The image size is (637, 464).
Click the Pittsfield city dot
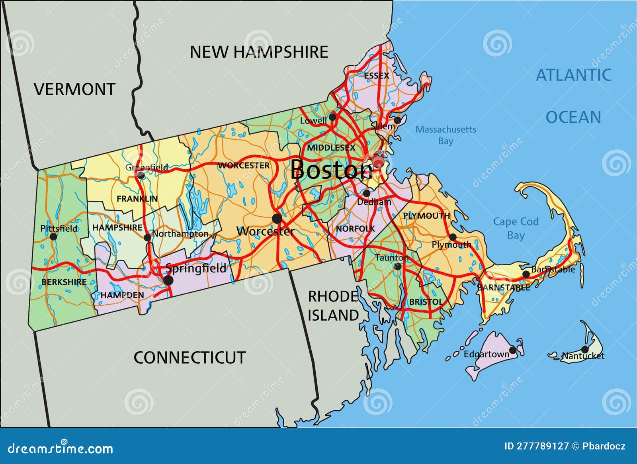53,237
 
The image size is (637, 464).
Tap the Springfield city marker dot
168,280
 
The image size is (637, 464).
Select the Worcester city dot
277,218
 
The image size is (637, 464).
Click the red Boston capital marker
378,161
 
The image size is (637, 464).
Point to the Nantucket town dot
584,349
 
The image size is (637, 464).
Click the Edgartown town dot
513,350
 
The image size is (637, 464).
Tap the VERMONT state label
74,89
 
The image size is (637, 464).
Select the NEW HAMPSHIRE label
259,52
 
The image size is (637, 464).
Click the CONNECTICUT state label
190,358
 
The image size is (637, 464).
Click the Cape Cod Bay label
516,228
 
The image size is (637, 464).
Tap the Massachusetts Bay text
446,135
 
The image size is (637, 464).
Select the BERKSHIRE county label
64,282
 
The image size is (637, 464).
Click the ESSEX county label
376,75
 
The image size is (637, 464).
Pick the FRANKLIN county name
137,198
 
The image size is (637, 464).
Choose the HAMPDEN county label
122,295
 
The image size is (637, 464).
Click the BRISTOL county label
426,302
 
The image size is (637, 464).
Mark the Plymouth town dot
453,237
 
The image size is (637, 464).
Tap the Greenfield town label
147,167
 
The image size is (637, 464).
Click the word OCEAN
573,117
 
